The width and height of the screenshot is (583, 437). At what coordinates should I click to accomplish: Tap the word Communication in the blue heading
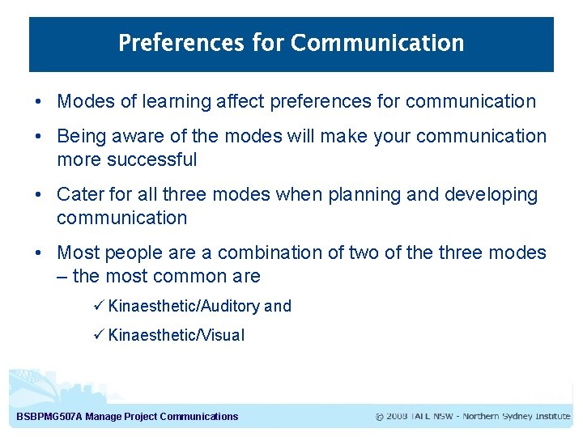pos(377,43)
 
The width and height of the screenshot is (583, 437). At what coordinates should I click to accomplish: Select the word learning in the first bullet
pos(172,101)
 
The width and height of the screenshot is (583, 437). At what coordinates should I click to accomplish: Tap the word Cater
pos(79,194)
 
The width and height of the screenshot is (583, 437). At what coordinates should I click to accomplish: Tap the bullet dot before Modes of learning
pos(39,102)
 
